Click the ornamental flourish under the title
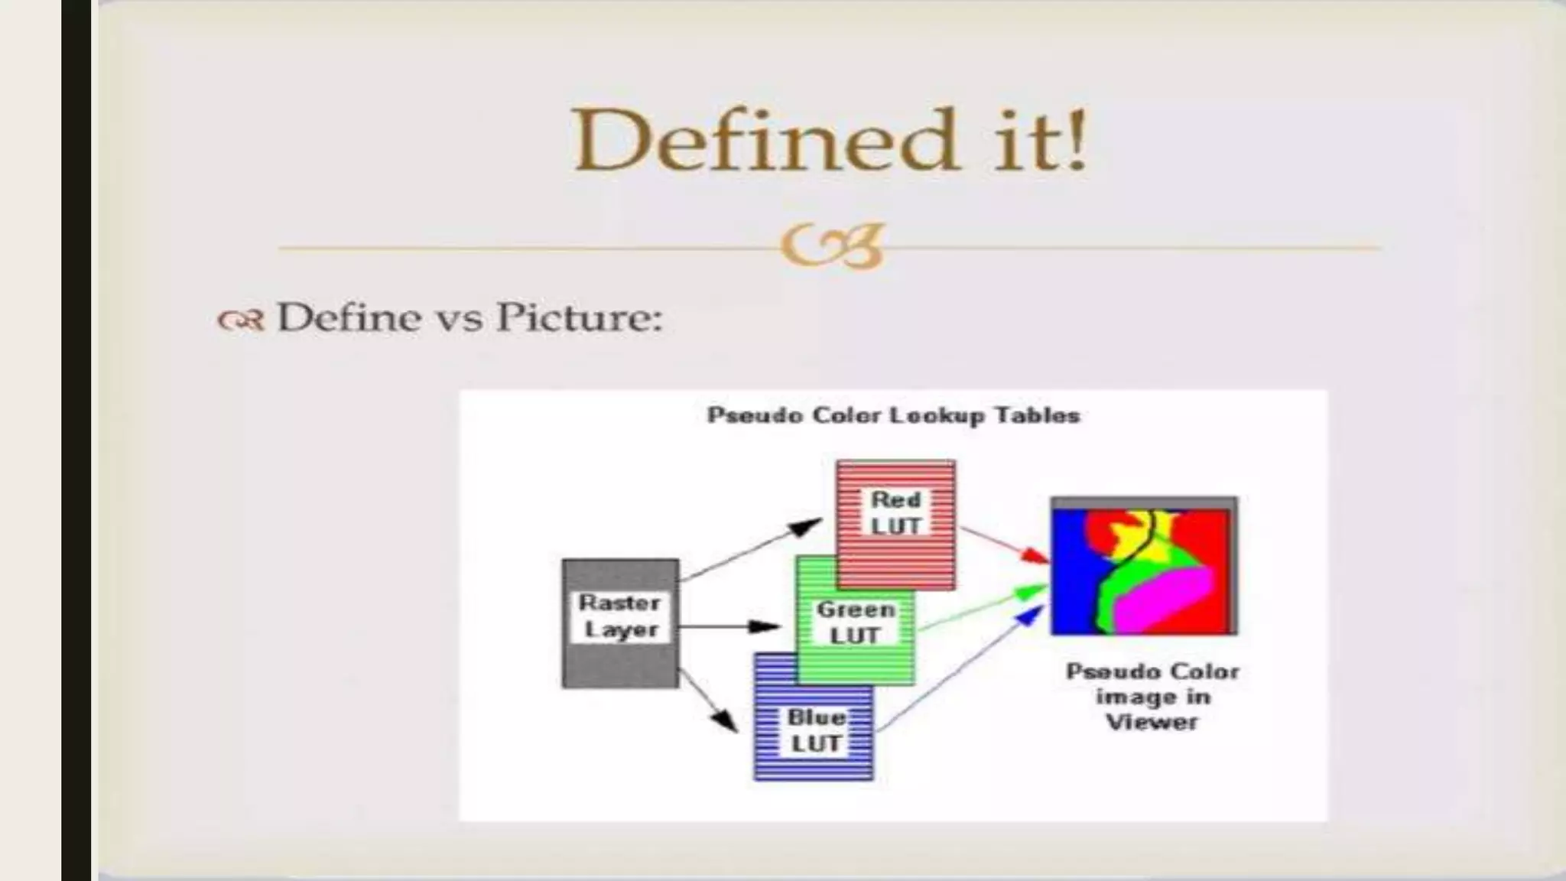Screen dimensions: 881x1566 coord(833,246)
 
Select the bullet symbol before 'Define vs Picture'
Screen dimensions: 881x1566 coord(240,320)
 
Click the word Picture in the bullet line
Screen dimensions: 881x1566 coord(578,317)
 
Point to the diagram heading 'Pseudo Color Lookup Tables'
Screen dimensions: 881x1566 coord(893,415)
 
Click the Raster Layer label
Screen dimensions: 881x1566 coord(619,616)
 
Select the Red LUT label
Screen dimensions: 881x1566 coord(895,512)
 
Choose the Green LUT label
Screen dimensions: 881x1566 coord(855,622)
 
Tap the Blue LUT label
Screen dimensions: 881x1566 coord(816,730)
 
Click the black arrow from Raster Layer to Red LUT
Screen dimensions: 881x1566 coord(749,548)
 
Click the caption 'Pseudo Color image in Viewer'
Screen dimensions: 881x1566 coord(1152,696)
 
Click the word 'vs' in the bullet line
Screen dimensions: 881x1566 coord(458,318)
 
